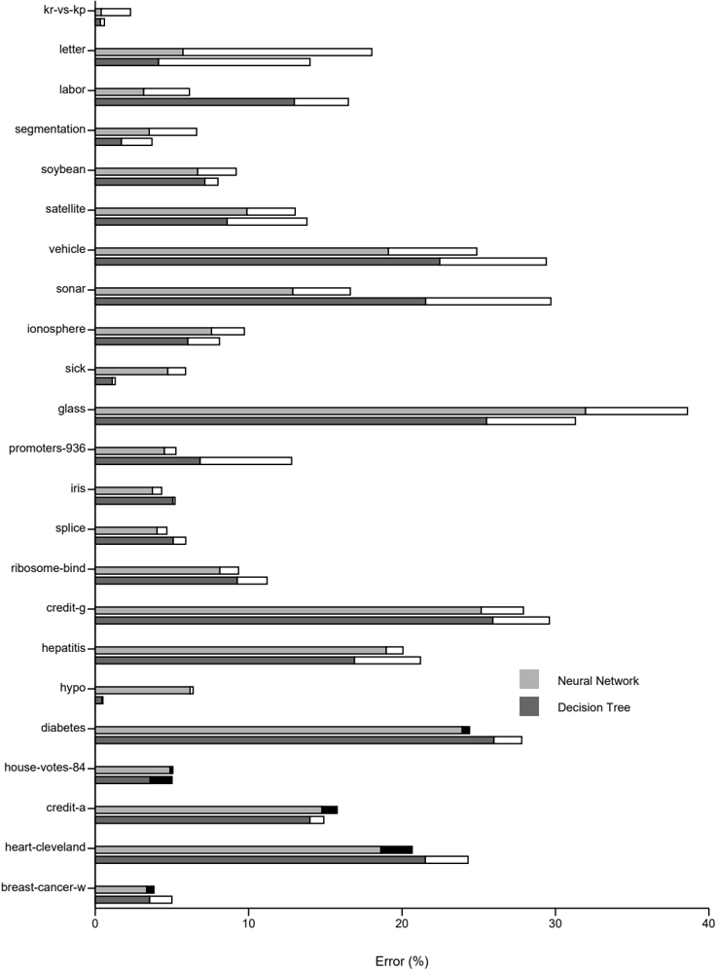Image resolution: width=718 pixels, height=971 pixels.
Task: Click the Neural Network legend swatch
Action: pyautogui.click(x=529, y=679)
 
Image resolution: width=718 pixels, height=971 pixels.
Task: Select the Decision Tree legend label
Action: pyautogui.click(x=593, y=707)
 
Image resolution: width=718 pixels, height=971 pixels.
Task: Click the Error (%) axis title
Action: pyautogui.click(x=402, y=961)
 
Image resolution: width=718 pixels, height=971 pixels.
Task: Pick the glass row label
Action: pyautogui.click(x=72, y=409)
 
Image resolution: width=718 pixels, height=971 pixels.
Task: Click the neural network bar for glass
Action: pyautogui.click(x=391, y=411)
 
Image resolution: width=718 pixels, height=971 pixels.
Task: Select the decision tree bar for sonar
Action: pyautogui.click(x=323, y=302)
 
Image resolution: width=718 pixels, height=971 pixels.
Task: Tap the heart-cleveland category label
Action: pyautogui.click(x=45, y=847)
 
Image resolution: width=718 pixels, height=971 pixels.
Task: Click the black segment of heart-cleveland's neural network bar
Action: pyautogui.click(x=396, y=849)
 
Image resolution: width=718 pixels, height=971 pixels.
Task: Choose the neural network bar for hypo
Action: pyautogui.click(x=144, y=690)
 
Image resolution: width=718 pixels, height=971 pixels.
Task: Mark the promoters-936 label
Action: pyautogui.click(x=47, y=449)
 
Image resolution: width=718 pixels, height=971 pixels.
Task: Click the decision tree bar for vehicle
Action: pyautogui.click(x=321, y=262)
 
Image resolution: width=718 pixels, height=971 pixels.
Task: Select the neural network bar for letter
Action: pyautogui.click(x=233, y=52)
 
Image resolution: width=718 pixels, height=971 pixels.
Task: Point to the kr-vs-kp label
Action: pyautogui.click(x=65, y=10)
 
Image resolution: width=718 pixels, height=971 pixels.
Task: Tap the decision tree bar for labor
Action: pyautogui.click(x=222, y=101)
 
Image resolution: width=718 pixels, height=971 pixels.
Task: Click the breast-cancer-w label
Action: pyautogui.click(x=44, y=887)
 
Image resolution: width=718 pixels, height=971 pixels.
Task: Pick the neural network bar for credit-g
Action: pyautogui.click(x=309, y=610)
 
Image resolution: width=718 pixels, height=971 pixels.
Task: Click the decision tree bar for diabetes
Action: pyautogui.click(x=308, y=740)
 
